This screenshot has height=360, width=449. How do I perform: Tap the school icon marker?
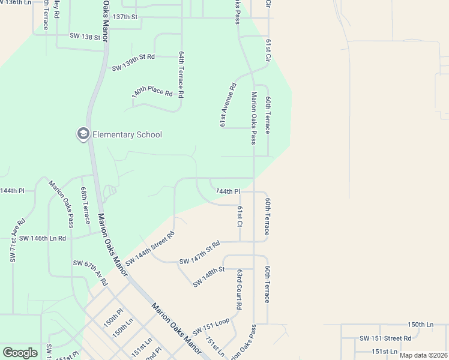pos(83,134)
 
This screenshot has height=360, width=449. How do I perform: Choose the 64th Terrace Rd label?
pos(180,74)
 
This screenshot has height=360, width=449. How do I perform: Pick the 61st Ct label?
pos(239,216)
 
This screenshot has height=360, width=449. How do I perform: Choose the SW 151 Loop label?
pos(211,326)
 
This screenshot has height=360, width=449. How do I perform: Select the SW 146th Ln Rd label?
pos(43,238)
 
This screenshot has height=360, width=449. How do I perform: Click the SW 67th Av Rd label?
pos(90,272)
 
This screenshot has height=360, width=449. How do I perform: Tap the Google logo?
pos(20,352)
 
